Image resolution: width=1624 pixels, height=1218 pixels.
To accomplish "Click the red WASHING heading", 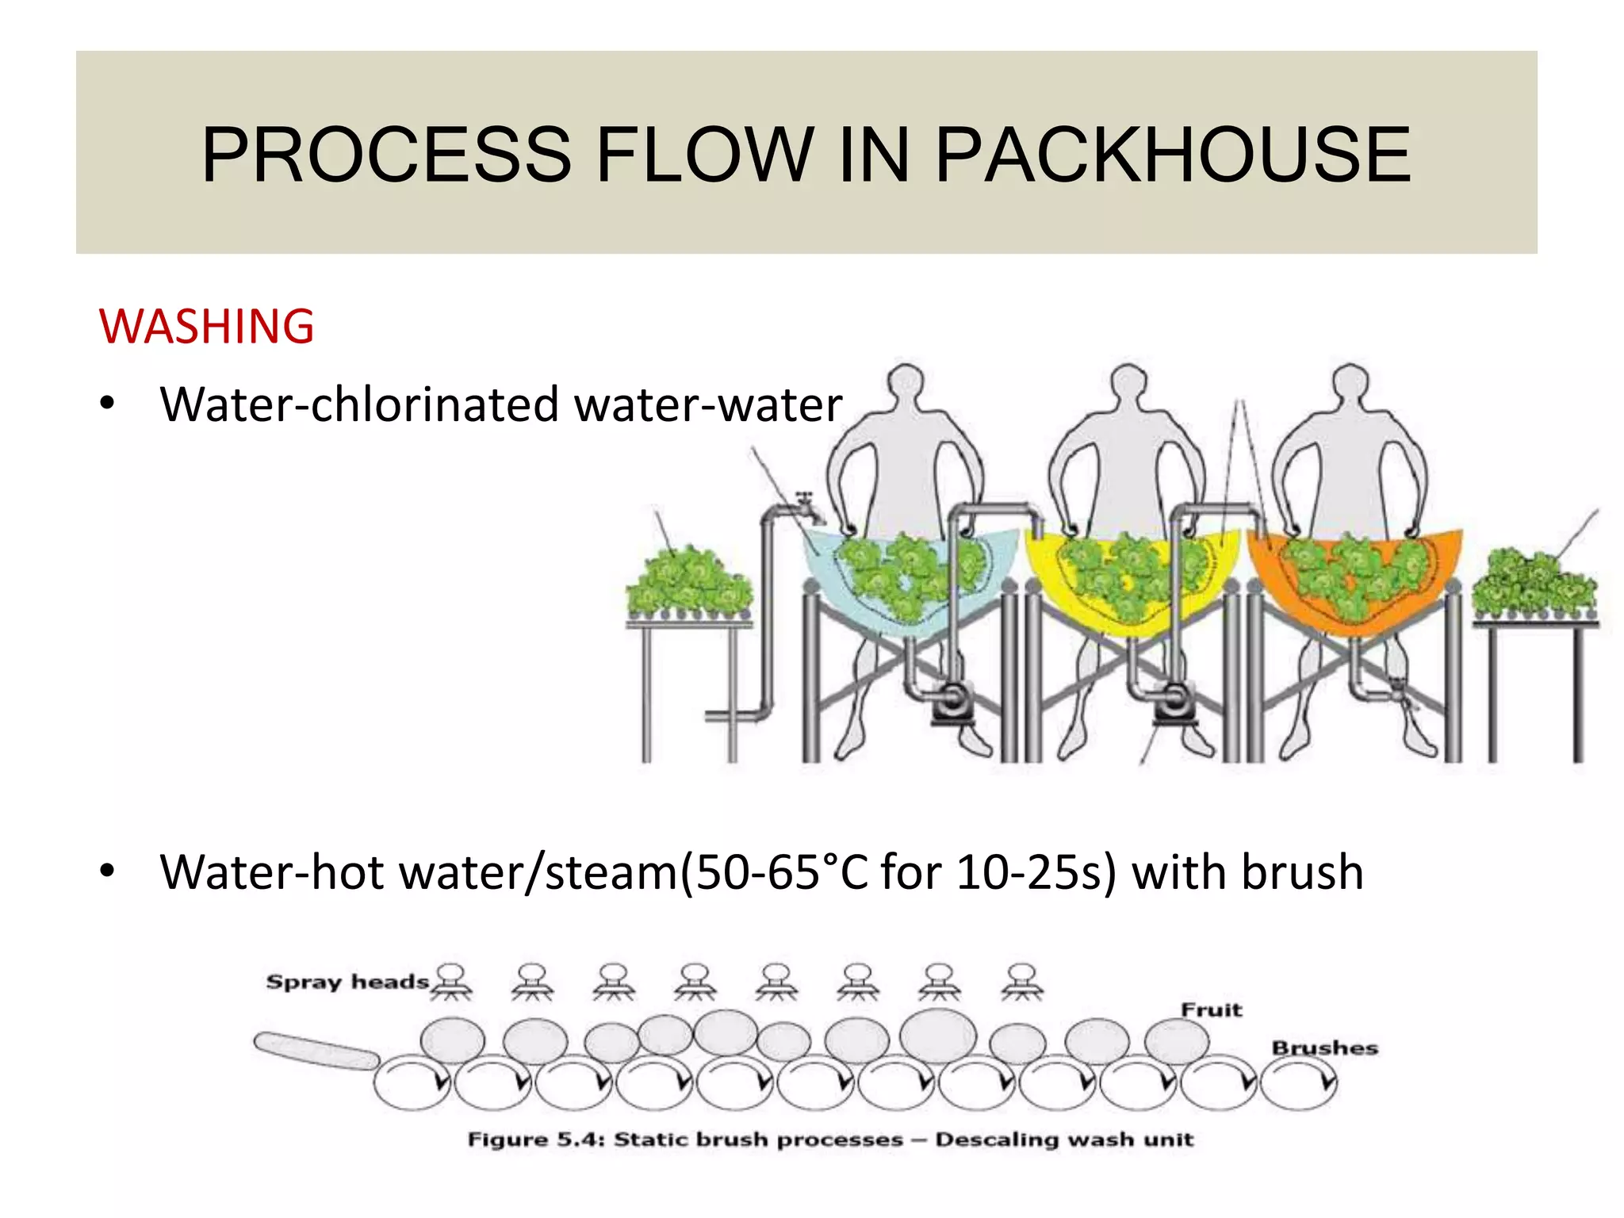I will click(206, 326).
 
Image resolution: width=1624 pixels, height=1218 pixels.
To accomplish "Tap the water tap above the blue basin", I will click(807, 507).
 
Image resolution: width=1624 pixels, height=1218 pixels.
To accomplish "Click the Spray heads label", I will click(347, 982).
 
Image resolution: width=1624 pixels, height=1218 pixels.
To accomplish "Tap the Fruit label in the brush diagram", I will click(1211, 1009).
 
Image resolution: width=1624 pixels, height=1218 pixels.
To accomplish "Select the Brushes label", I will click(1324, 1048).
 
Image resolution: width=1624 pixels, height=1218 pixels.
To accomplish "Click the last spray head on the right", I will click(1022, 982).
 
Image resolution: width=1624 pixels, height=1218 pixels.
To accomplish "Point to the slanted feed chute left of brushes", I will click(316, 1051).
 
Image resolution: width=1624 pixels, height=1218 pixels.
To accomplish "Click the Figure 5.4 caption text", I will click(829, 1139).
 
